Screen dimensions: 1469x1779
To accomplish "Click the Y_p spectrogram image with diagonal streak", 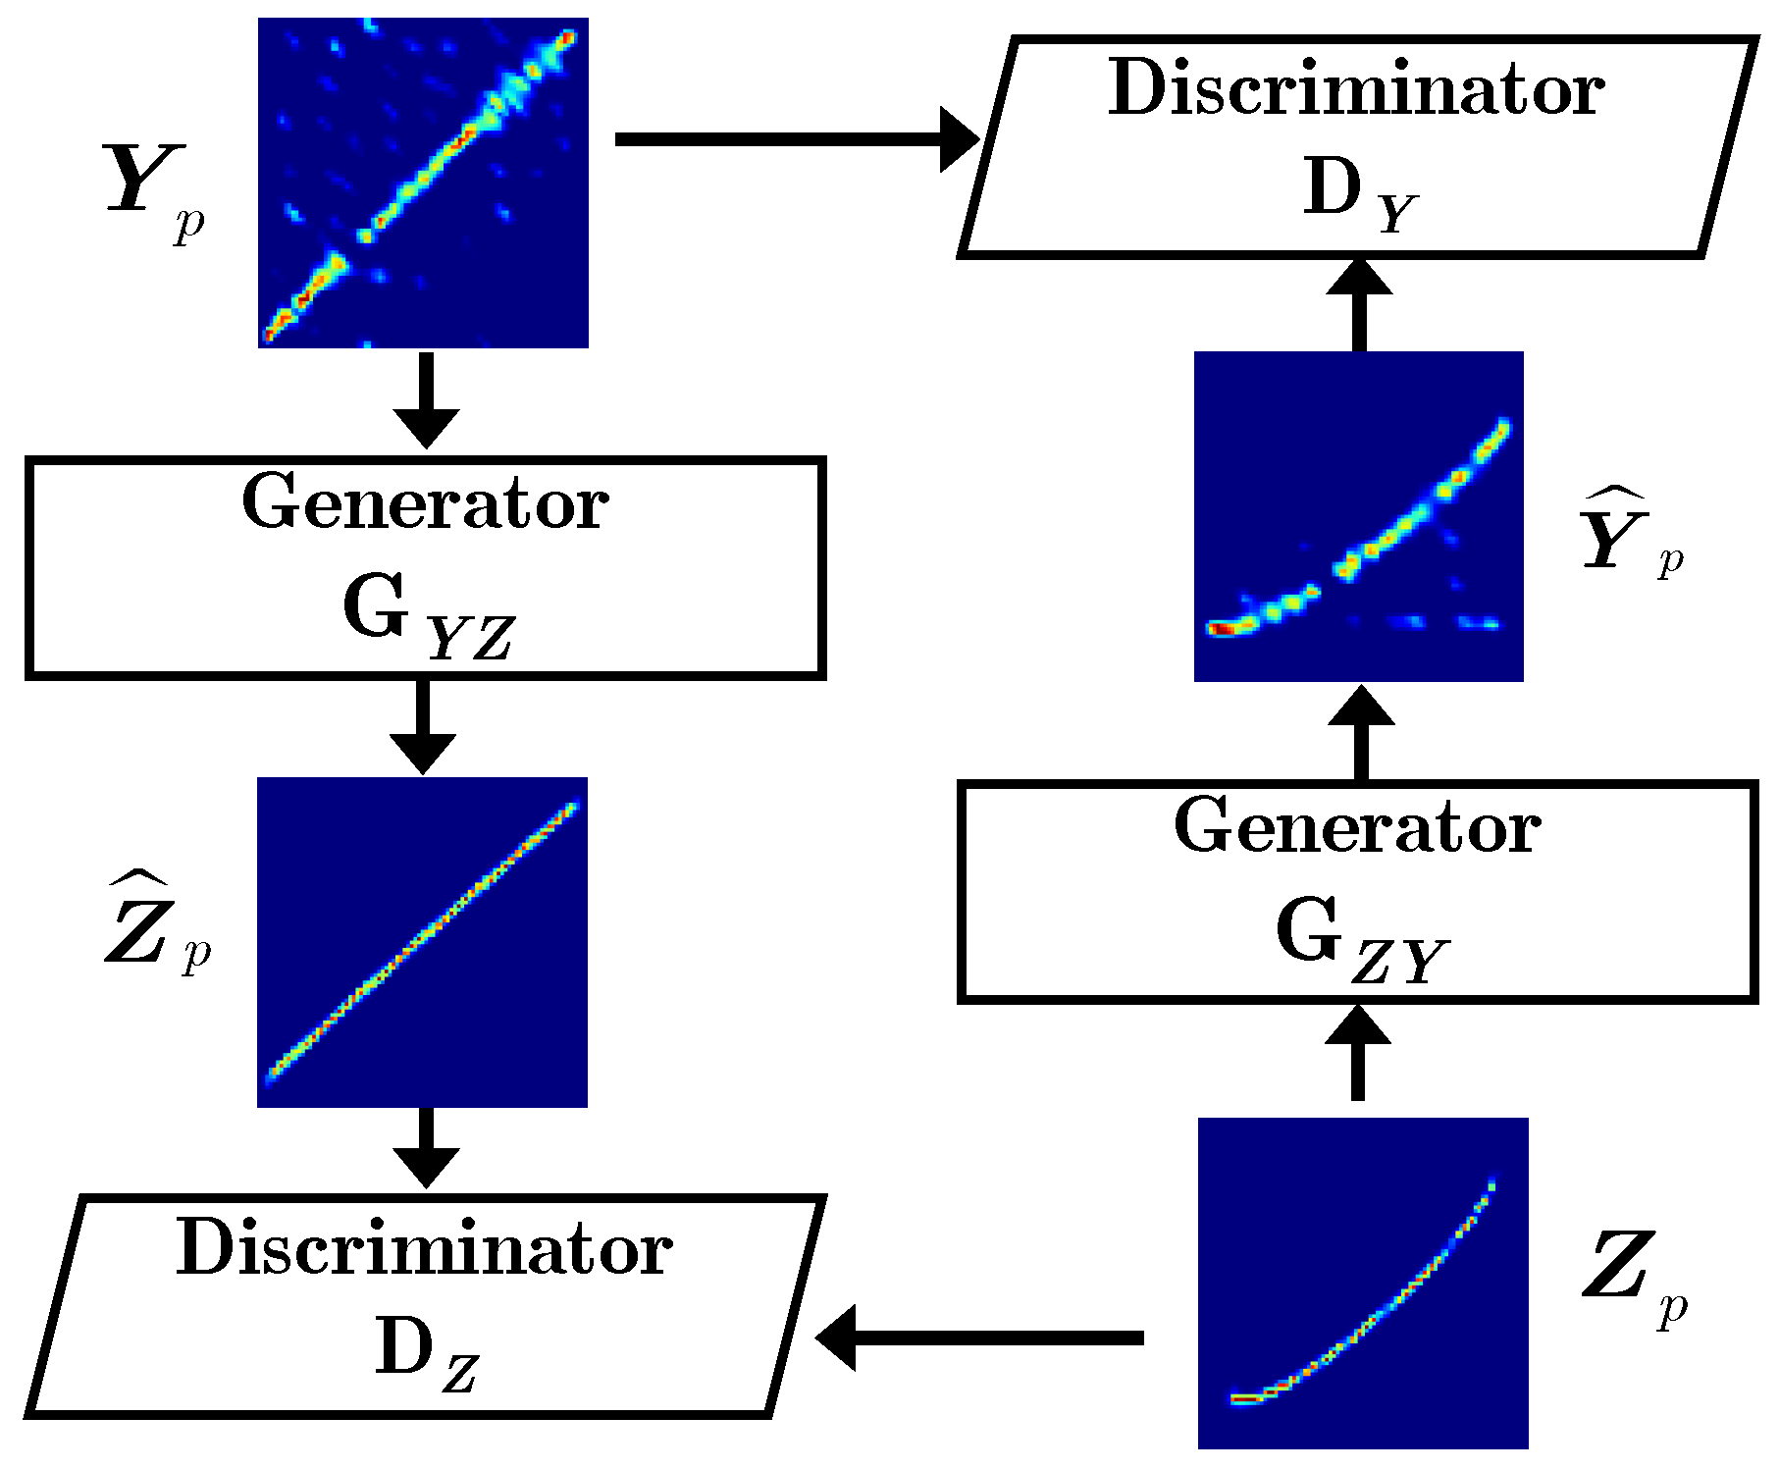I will [423, 183].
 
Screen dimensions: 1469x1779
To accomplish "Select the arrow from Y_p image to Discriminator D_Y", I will [795, 139].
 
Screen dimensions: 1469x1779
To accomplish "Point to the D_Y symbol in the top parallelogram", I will [1359, 194].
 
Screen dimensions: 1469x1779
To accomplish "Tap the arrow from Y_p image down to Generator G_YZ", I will [426, 398].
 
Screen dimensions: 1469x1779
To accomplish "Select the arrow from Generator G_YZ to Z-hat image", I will [423, 726].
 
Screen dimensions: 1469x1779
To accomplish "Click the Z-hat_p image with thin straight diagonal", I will [422, 942].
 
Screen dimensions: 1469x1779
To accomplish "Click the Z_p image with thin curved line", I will [1363, 1283].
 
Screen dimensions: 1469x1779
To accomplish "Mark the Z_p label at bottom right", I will [1633, 1276].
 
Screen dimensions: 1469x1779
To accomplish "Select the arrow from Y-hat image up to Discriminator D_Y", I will [1359, 304].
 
